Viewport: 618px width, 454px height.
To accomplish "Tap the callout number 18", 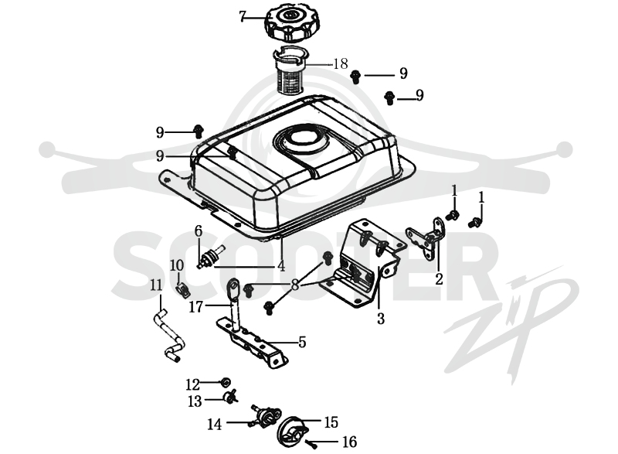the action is [341, 63].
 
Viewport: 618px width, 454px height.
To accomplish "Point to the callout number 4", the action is [281, 266].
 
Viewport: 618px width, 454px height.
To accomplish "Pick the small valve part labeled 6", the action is [210, 256].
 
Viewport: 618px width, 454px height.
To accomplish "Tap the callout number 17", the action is [196, 306].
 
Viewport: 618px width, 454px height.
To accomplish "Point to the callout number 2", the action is [439, 278].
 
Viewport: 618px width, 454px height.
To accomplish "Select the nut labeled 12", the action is [225, 383].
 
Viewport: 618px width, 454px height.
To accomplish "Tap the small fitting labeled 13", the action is [231, 397].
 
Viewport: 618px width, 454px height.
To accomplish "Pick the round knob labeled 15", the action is [292, 431].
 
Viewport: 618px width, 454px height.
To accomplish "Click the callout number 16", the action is [350, 442].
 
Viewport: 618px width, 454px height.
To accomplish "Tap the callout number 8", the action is [295, 285].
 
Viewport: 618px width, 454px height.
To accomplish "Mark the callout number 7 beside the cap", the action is [243, 17].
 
